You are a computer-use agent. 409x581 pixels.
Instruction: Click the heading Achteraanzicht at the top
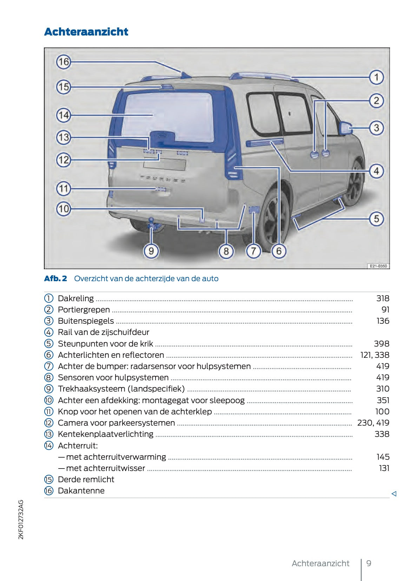(x=86, y=32)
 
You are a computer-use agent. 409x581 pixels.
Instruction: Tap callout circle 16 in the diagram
(x=64, y=62)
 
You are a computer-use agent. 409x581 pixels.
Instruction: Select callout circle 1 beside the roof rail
(x=376, y=77)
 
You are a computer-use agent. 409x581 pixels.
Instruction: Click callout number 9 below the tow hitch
(x=151, y=251)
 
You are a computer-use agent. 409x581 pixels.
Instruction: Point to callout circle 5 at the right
(x=376, y=219)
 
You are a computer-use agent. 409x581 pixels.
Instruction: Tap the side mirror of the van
(x=346, y=128)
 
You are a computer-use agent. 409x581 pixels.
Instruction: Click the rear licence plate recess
(x=165, y=164)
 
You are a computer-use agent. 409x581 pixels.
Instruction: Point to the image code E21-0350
(x=378, y=266)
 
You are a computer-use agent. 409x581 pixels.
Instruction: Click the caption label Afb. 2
(x=55, y=278)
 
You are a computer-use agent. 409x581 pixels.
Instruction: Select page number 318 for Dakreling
(x=382, y=298)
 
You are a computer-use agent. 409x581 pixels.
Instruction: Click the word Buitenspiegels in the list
(x=86, y=321)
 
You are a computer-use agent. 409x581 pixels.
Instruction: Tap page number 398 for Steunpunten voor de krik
(x=381, y=344)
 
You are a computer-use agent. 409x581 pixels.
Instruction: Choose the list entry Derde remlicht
(x=86, y=479)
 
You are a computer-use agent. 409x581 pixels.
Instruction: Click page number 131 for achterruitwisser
(x=384, y=468)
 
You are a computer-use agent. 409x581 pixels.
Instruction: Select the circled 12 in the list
(x=48, y=423)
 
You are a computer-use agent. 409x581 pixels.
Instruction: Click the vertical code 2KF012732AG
(x=21, y=519)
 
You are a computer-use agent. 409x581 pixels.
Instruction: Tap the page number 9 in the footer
(x=369, y=563)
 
